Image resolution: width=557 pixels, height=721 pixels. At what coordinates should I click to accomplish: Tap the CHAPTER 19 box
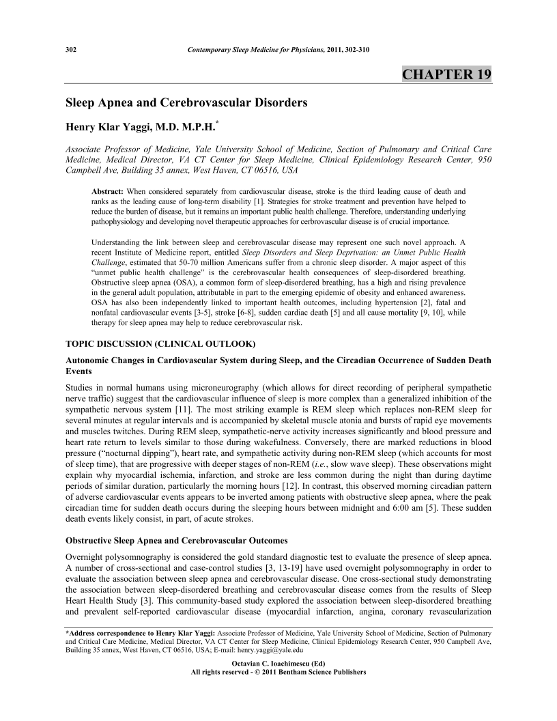446,74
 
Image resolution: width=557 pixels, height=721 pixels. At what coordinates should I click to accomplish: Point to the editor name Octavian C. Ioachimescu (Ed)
278,663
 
